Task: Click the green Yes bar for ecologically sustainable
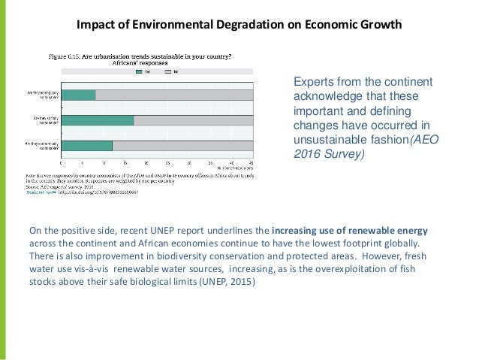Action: pyautogui.click(x=78, y=95)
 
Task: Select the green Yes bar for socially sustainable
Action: pyautogui.click(x=97, y=119)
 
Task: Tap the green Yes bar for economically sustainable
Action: pyautogui.click(x=86, y=145)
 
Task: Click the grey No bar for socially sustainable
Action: pyautogui.click(x=194, y=119)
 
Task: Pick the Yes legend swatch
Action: pyautogui.click(x=140, y=72)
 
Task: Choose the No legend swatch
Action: pyautogui.click(x=169, y=72)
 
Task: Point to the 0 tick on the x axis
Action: pyautogui.click(x=61, y=163)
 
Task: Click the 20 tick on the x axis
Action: pyautogui.click(x=146, y=163)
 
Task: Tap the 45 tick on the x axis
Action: pyautogui.click(x=252, y=163)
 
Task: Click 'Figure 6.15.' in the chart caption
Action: pyautogui.click(x=65, y=56)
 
